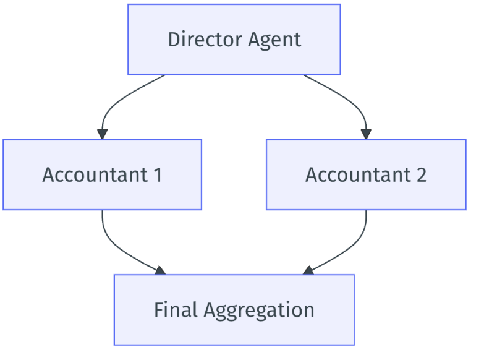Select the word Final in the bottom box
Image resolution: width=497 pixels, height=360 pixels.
point(176,309)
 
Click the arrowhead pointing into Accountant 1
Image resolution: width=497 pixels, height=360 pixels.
point(102,134)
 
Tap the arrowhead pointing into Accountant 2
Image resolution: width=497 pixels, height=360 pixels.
point(366,134)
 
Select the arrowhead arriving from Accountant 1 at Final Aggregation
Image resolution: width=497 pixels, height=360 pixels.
point(160,270)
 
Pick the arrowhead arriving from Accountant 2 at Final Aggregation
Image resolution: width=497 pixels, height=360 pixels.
point(308,270)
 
